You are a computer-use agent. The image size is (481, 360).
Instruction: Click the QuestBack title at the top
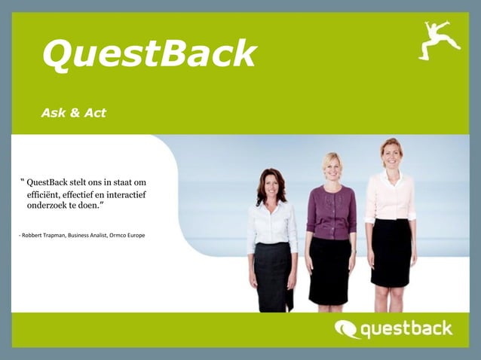[149, 53]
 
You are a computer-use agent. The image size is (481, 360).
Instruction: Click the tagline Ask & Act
[74, 113]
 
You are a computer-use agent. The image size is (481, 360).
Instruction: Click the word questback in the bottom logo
[406, 328]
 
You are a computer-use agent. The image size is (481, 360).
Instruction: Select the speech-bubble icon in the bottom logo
[347, 329]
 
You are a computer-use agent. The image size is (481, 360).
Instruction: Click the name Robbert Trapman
[43, 236]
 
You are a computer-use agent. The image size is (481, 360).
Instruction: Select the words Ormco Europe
[127, 236]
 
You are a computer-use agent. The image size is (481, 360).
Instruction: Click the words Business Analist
[88, 236]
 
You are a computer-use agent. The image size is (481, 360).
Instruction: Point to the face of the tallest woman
[391, 154]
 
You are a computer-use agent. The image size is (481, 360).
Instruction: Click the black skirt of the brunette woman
[273, 275]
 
